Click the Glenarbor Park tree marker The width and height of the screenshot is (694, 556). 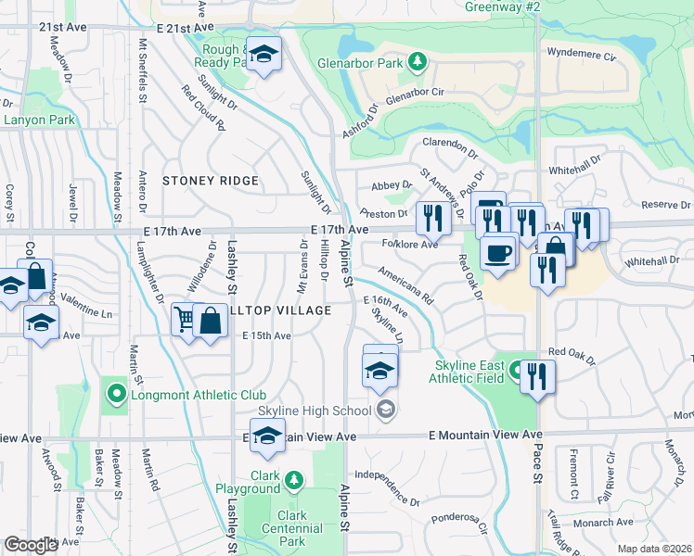(418, 61)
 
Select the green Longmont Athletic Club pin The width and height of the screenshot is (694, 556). (116, 395)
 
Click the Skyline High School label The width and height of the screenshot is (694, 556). (314, 411)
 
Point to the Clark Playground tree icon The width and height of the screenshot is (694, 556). (293, 479)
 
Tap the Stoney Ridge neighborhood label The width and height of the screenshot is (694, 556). (210, 181)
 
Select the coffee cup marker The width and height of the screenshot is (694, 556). (497, 252)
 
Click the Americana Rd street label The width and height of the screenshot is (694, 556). (406, 288)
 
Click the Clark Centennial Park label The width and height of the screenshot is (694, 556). (290, 528)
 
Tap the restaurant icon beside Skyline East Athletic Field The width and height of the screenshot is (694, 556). (537, 374)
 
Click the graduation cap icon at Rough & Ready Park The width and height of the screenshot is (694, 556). (264, 56)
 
